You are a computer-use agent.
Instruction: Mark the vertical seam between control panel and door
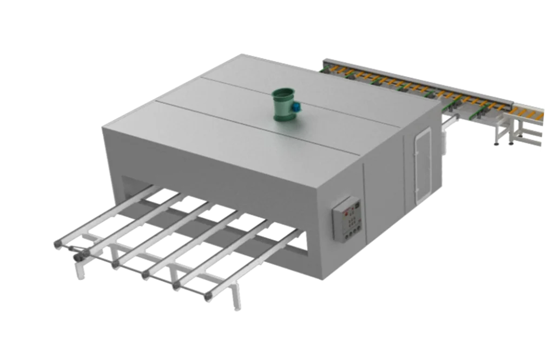(x=365, y=200)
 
